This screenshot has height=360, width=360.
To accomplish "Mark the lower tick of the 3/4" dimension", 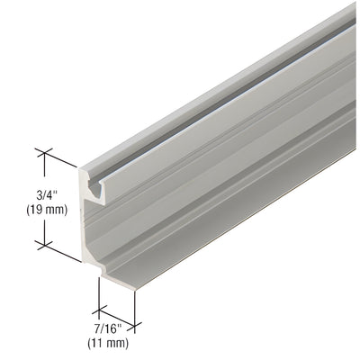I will point(41,242).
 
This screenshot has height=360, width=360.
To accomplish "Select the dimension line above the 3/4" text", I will point(41,167).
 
